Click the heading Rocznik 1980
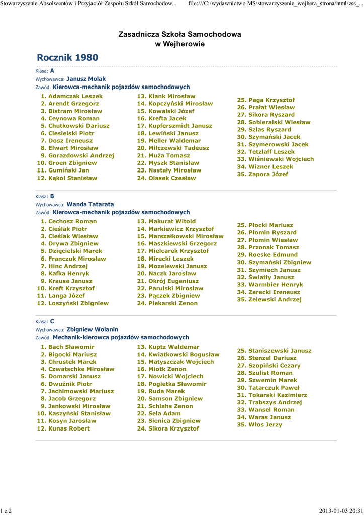(x=67, y=58)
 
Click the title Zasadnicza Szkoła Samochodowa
(x=179, y=34)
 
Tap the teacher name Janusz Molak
(x=86, y=79)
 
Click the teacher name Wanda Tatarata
(x=90, y=205)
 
